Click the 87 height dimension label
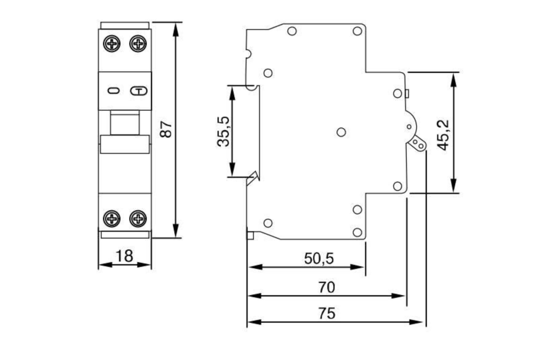[166, 129]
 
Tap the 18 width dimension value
[124, 256]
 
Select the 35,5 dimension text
[224, 132]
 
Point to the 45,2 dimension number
[443, 135]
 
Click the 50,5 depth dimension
[319, 258]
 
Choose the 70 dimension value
[327, 287]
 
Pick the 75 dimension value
[327, 314]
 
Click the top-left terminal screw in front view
[112, 43]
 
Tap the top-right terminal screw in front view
[138, 43]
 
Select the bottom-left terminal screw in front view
[112, 218]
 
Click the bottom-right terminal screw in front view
[138, 218]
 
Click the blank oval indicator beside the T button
[113, 90]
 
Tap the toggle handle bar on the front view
[125, 144]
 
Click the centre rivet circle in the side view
[341, 132]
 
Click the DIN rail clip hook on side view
[253, 178]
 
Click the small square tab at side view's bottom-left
[250, 235]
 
